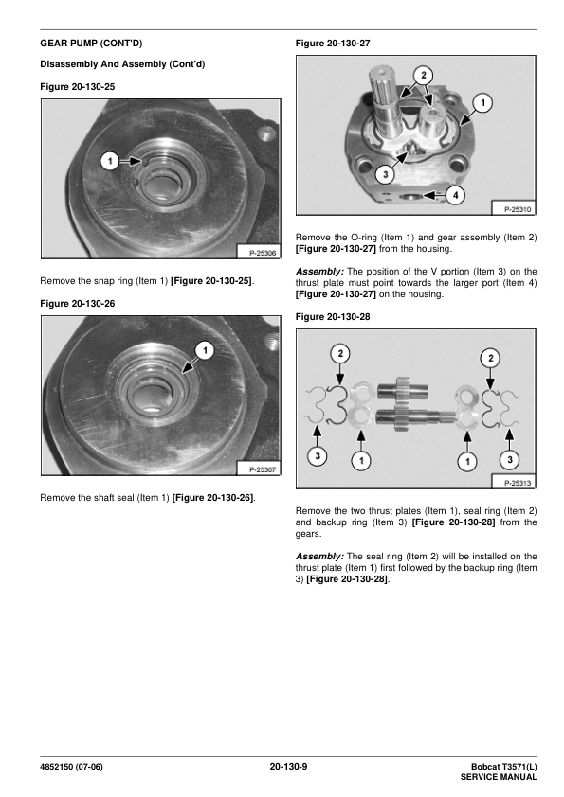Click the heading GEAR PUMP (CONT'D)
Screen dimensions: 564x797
click(x=91, y=44)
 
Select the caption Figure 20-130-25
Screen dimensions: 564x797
click(x=78, y=87)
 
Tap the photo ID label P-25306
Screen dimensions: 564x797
click(x=263, y=253)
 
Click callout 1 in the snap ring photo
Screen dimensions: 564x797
click(x=110, y=162)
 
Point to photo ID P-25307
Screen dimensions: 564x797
click(x=263, y=469)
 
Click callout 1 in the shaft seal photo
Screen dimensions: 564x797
click(x=205, y=350)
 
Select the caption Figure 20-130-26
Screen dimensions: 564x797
click(x=78, y=304)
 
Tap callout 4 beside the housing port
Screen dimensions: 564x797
click(x=456, y=195)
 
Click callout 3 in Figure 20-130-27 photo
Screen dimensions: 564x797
click(x=386, y=175)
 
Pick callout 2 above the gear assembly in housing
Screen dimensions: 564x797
click(x=424, y=75)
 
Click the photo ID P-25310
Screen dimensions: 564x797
click(x=518, y=209)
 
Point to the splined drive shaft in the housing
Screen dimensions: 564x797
click(x=386, y=101)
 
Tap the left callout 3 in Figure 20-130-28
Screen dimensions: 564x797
click(x=318, y=455)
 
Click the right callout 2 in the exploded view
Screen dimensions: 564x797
click(x=491, y=359)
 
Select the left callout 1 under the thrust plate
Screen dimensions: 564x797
click(x=361, y=461)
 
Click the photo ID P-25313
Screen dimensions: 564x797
click(x=518, y=483)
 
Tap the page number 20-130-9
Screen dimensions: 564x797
click(x=288, y=767)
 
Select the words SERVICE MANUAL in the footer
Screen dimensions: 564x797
click(x=499, y=777)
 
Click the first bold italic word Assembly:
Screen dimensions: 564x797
click(x=319, y=272)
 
